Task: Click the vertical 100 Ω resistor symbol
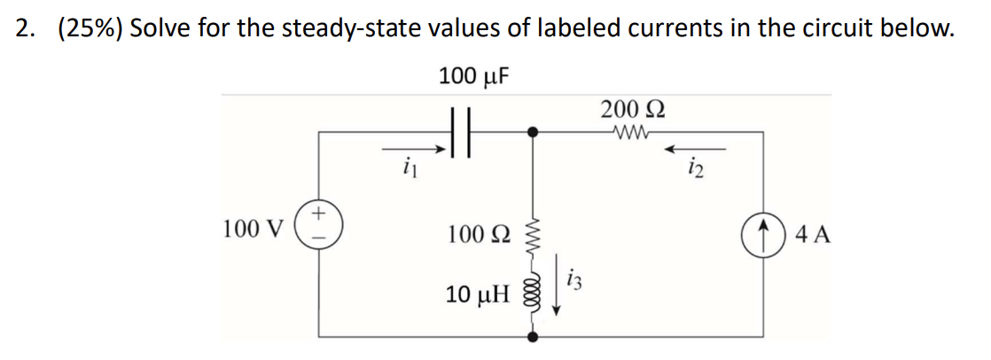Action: [533, 235]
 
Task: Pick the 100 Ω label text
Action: [478, 235]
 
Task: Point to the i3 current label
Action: [575, 283]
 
